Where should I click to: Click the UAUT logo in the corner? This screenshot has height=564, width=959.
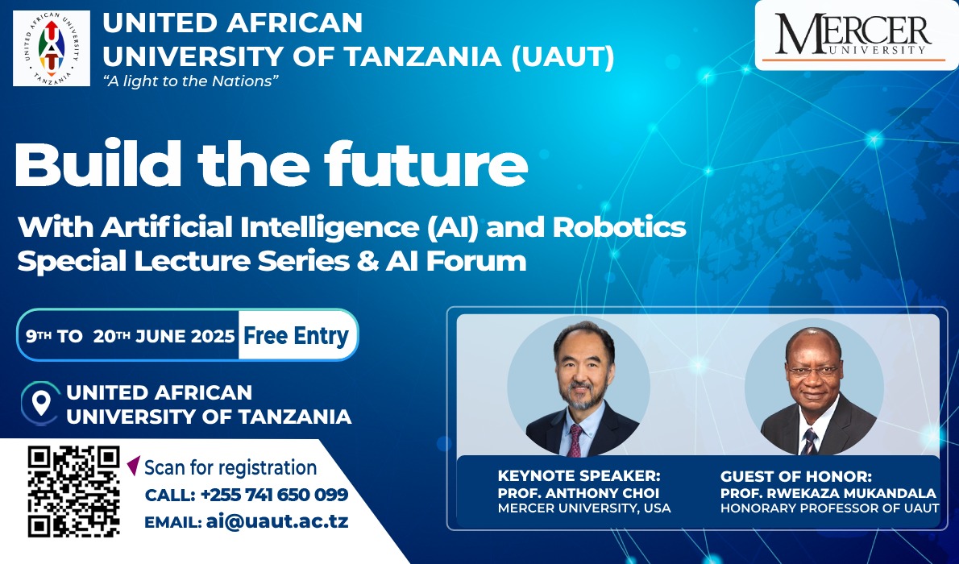[52, 48]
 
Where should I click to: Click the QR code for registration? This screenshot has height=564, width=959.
[73, 491]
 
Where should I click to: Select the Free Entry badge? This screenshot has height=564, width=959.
[296, 335]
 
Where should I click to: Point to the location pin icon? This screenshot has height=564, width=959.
[41, 403]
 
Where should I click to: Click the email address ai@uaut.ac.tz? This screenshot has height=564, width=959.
[277, 522]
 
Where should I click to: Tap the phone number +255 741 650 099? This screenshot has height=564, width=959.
[274, 494]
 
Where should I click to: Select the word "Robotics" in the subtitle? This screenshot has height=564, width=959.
[619, 227]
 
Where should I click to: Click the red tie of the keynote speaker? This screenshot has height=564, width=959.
[575, 441]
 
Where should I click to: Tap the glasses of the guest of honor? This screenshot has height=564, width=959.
[812, 370]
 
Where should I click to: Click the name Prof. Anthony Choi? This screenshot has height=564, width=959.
[579, 493]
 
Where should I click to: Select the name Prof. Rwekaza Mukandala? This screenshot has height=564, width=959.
[828, 493]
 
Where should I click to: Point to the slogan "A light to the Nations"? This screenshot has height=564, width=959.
[191, 81]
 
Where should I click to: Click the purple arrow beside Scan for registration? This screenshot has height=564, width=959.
[134, 466]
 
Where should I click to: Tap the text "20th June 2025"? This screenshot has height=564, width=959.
[164, 336]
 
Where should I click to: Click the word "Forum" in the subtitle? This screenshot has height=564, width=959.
[475, 260]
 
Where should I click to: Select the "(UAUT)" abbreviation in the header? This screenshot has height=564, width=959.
[563, 57]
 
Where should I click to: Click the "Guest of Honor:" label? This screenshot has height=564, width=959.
[795, 476]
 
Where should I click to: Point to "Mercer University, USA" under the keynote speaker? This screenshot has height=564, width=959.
[584, 508]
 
